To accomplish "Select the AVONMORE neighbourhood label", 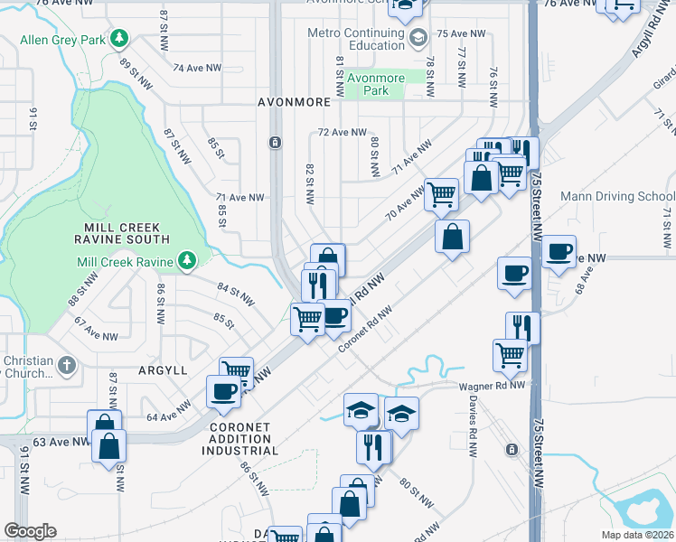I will pos(294,102).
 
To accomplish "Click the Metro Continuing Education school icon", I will pos(418,39).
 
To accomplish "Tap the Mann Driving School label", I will pos(617,196).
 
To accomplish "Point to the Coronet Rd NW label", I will pos(364,330).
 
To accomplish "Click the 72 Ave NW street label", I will pos(343,133).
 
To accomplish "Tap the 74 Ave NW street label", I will pos(197,68).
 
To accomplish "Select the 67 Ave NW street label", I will pos(96,329).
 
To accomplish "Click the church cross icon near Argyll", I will pos(66,366).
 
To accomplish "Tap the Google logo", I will pos(30,531).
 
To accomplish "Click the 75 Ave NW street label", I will pos(461,33).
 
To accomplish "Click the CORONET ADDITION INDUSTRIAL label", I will pos(244,438).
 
